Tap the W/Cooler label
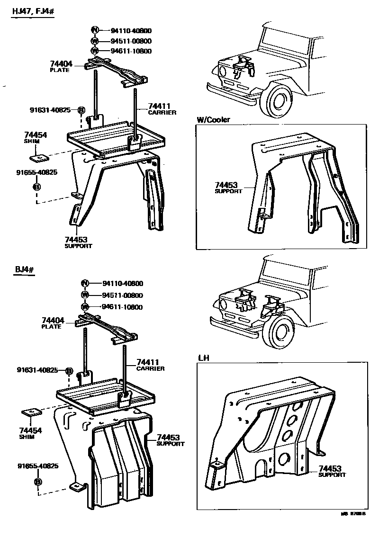coord(213,120)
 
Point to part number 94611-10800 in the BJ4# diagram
coord(122,307)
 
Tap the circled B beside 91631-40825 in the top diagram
coord(81,110)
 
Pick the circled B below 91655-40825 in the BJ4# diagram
coord(37,482)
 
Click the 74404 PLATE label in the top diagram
coord(60,66)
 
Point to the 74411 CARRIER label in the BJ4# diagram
coord(150,365)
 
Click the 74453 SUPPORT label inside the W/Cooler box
coord(228,188)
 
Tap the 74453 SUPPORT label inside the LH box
coord(332,471)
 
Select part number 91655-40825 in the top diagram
coord(36,172)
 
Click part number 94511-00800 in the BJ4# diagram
coord(122,295)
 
